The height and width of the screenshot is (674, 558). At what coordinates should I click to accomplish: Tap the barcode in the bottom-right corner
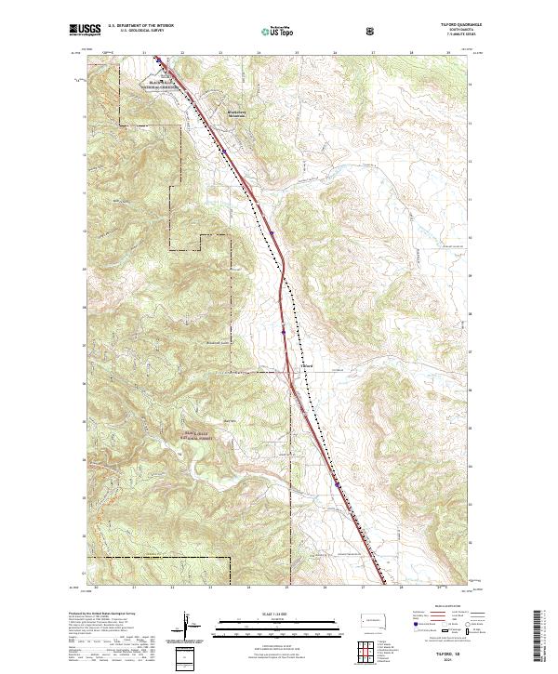coord(542,636)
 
